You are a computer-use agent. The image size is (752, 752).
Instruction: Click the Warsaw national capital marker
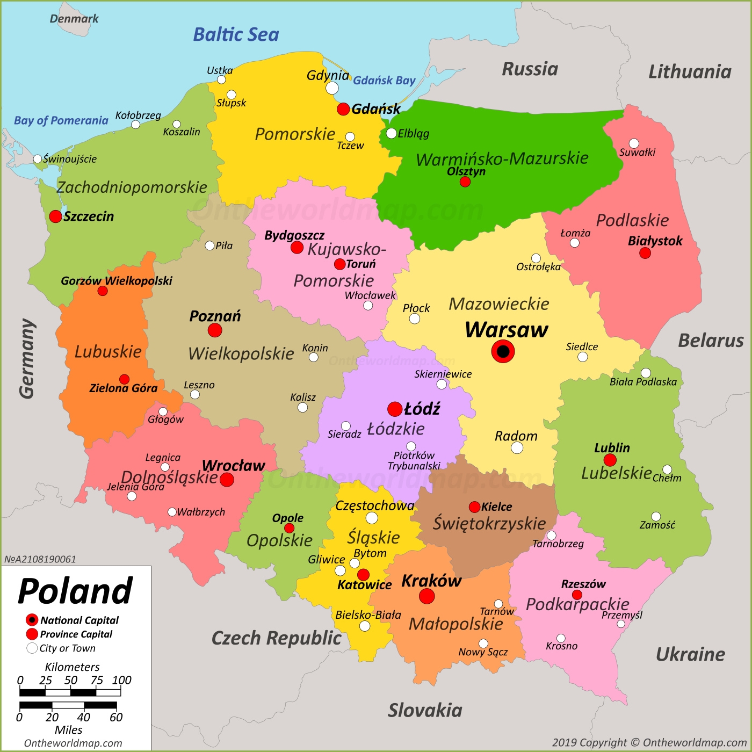503,352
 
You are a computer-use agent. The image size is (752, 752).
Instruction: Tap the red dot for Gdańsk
343,109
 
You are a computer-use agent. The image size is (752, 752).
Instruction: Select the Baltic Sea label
236,35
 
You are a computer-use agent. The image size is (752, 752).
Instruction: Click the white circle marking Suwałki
634,143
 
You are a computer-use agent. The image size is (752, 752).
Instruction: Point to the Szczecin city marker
55,216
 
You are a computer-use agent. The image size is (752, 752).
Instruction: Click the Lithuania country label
690,72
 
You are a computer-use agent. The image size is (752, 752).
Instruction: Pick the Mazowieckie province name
498,304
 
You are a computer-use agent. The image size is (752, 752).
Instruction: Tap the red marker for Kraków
426,596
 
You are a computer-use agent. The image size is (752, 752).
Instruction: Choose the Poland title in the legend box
75,591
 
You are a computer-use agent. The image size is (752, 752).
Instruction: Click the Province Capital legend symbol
32,634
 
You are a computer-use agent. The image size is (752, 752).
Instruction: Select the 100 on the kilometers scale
121,680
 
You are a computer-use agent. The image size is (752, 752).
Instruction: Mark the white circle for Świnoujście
38,159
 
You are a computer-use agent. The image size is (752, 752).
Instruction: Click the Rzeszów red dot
577,595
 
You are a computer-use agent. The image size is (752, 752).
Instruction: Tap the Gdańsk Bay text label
384,81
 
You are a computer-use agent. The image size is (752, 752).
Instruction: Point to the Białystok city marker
645,253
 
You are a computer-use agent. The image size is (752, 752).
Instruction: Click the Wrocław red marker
227,480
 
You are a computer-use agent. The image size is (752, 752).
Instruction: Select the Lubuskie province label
108,352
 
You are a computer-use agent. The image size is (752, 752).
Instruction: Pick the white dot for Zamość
656,516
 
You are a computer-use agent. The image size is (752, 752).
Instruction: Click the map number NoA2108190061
40,559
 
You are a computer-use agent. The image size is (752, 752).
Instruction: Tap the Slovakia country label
425,710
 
